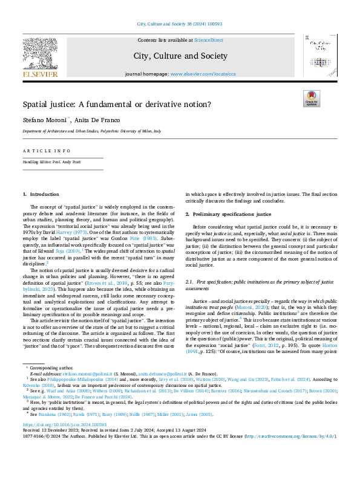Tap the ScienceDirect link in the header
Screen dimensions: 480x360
pos(208,40)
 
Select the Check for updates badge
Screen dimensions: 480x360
pos(311,98)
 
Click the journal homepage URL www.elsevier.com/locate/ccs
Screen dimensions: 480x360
pos(203,74)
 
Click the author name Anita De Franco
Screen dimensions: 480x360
pos(93,120)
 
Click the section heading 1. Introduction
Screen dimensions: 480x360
pos(41,194)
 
